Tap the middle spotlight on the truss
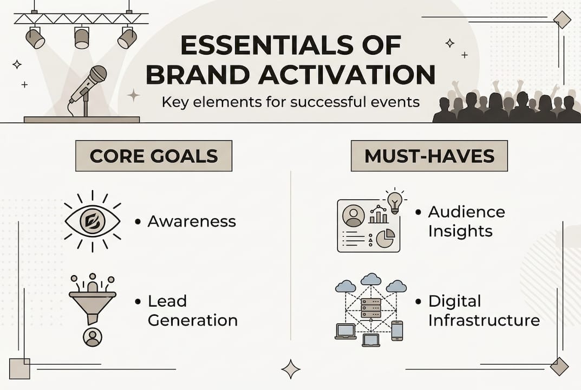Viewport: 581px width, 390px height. point(82,37)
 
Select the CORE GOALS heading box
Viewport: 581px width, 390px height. point(154,155)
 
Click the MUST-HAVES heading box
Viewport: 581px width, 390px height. point(429,155)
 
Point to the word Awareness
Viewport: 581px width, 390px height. point(192,222)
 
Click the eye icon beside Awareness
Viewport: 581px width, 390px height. point(92,222)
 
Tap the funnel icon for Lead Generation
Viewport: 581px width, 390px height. point(92,300)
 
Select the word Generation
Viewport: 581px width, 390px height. point(193,320)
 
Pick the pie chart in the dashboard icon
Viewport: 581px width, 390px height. point(386,238)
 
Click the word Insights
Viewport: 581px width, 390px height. point(460,231)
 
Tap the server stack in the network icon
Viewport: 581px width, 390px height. point(370,308)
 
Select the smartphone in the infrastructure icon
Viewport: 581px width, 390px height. point(397,330)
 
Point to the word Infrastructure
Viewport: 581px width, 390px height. point(484,320)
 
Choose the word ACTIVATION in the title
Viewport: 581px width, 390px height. point(347,75)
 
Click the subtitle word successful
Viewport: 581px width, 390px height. point(326,102)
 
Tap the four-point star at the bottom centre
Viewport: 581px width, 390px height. point(291,369)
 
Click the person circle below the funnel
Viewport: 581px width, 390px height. point(92,336)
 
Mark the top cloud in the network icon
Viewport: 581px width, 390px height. point(371,279)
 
